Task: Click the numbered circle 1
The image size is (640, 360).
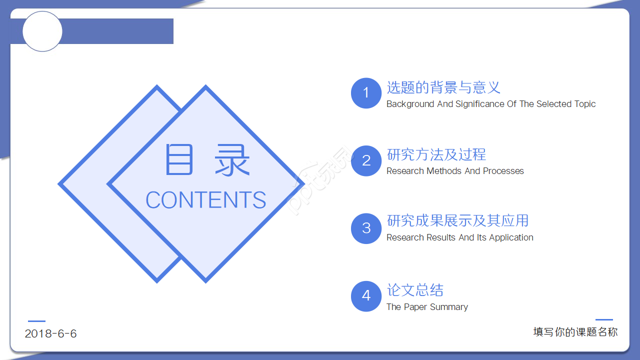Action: [x=366, y=93]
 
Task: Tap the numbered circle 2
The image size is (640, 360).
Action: [x=366, y=160]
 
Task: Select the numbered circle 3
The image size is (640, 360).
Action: [x=366, y=228]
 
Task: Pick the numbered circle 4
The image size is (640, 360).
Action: [x=366, y=296]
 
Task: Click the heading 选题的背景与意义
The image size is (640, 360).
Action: [x=443, y=87]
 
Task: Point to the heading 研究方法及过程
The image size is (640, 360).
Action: [x=436, y=154]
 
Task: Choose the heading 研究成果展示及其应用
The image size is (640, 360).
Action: [x=457, y=220]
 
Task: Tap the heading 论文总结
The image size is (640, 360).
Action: [x=415, y=290]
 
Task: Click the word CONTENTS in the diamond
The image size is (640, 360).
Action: [x=205, y=200]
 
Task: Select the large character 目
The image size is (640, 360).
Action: [x=179, y=160]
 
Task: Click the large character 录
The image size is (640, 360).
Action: [x=232, y=160]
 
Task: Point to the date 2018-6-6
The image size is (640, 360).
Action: [x=51, y=334]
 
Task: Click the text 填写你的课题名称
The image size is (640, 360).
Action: [x=575, y=332]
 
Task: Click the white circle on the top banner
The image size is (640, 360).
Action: [x=42, y=31]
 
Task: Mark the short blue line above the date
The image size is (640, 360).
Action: [x=36, y=321]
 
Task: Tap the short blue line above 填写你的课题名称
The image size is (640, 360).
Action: [x=604, y=319]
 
